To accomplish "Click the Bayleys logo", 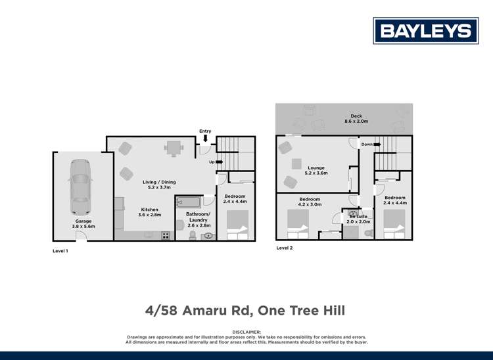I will [x=426, y=31].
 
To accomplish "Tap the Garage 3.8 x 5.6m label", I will [x=83, y=224].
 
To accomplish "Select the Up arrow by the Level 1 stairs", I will [x=219, y=162].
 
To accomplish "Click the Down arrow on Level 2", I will [x=377, y=145].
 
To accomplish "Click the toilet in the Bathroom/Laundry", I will [x=193, y=235].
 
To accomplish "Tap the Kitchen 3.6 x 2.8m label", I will [x=149, y=212].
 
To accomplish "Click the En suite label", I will [x=359, y=218].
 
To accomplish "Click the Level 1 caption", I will [x=60, y=251].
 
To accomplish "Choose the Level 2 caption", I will [x=284, y=248].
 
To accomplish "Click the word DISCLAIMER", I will [x=246, y=332].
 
